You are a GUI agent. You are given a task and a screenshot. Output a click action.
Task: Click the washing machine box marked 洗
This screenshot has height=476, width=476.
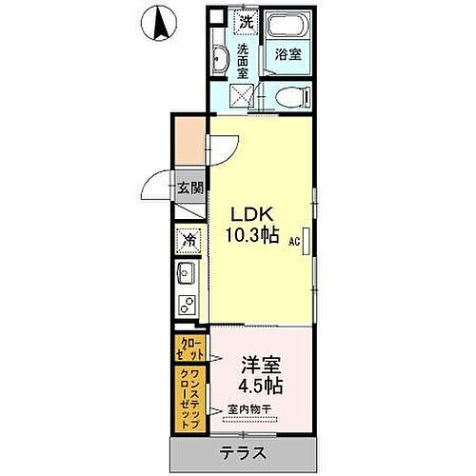pyautogui.click(x=246, y=21)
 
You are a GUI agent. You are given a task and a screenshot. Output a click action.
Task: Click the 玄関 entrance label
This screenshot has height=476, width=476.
pyautogui.click(x=188, y=187)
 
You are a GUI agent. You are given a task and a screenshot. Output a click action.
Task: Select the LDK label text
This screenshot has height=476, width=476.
pyautogui.click(x=251, y=214)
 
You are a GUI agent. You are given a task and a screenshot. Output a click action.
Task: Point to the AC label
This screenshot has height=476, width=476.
pyautogui.click(x=295, y=242)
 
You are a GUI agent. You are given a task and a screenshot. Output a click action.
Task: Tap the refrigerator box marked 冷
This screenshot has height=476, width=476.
pyautogui.click(x=188, y=241)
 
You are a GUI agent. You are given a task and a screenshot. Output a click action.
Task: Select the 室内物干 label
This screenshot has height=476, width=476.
pyautogui.click(x=250, y=411)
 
